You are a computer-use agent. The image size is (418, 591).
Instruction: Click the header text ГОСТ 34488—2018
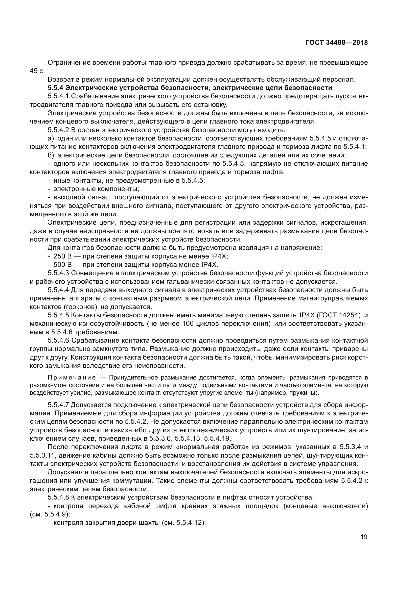click(x=337, y=43)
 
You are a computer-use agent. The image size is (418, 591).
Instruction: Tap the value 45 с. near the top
click(x=37, y=71)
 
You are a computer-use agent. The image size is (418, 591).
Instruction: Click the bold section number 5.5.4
click(x=55, y=88)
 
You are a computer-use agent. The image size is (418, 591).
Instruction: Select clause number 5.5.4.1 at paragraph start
click(x=58, y=96)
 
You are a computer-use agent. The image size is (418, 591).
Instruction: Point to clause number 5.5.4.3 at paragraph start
click(x=58, y=273)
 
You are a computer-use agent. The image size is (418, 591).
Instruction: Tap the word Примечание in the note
click(x=72, y=378)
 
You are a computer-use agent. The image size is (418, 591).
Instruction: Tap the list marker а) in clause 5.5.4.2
click(x=51, y=138)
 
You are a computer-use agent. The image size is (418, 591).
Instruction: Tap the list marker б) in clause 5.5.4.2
click(x=51, y=155)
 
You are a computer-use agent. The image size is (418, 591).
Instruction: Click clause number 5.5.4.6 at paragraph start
click(x=58, y=341)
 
